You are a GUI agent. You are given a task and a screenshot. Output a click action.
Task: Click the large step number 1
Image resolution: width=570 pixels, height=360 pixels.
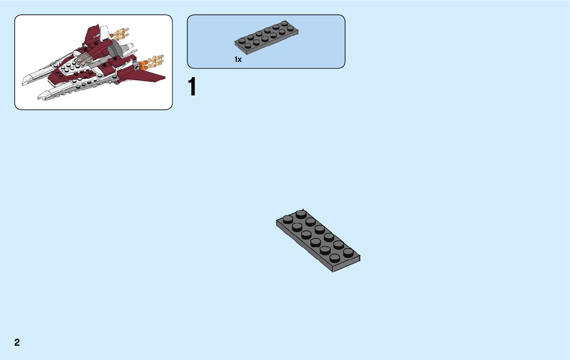(191, 87)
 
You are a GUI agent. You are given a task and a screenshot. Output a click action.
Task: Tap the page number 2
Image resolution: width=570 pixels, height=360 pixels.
(17, 342)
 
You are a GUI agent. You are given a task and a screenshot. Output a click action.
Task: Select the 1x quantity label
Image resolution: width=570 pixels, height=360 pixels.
(238, 60)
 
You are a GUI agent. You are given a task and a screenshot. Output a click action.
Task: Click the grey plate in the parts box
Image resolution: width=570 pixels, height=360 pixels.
(266, 38)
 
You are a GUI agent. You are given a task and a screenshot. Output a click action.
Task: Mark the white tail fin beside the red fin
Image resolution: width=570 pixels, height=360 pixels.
(104, 32)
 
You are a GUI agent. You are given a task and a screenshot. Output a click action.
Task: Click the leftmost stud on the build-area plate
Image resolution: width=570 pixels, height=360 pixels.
(287, 219)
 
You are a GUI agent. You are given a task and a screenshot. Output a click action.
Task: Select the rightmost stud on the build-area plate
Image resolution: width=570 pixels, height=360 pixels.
(348, 252)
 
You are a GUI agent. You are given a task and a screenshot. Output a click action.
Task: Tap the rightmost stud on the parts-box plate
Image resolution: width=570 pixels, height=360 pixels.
(290, 28)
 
